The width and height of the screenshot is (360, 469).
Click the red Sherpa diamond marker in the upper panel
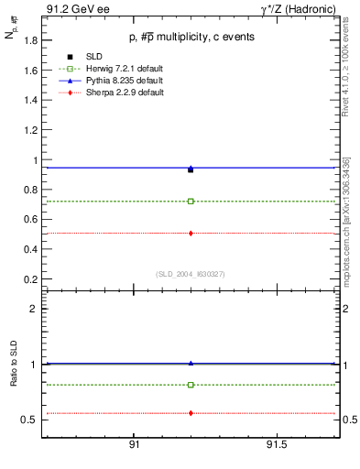(x=191, y=234)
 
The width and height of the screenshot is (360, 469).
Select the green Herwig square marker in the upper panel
(x=191, y=202)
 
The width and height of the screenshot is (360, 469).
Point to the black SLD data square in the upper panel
(x=191, y=169)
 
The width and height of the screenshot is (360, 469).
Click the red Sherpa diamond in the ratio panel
(x=191, y=413)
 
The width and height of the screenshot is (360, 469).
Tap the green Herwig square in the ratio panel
(x=191, y=385)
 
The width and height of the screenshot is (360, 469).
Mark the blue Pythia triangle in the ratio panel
(x=191, y=363)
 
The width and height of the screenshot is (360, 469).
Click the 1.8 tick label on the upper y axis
(x=31, y=40)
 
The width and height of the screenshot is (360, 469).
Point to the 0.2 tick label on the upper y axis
(x=31, y=278)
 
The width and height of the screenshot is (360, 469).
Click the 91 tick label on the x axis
(x=134, y=445)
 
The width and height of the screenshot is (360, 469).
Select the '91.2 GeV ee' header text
(x=71, y=8)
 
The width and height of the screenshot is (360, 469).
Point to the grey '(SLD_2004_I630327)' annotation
(x=191, y=274)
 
